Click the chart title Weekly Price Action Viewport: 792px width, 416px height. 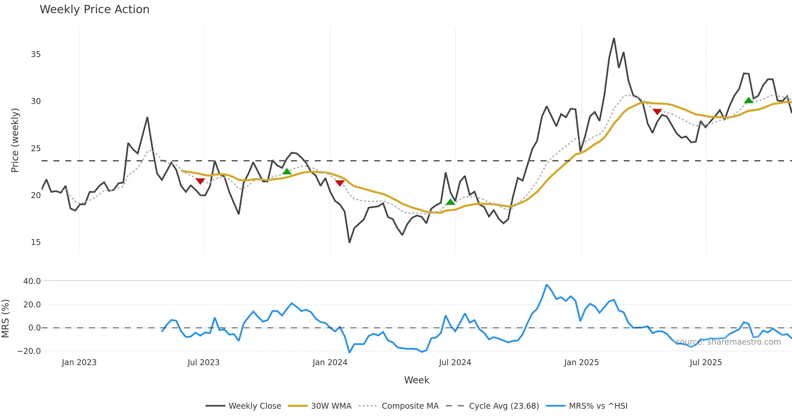pyautogui.click(x=94, y=10)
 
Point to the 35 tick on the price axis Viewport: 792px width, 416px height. pyautogui.click(x=36, y=54)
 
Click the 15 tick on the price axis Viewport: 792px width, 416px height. pyautogui.click(x=36, y=242)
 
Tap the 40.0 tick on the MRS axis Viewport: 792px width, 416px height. pyautogui.click(x=32, y=281)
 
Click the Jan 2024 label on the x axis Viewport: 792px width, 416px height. pyautogui.click(x=330, y=363)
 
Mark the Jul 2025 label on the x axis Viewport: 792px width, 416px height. pyautogui.click(x=706, y=363)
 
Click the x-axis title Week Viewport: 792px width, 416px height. pyautogui.click(x=416, y=380)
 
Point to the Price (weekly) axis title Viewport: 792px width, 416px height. pyautogui.click(x=15, y=140)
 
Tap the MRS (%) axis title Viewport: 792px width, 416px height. pyautogui.click(x=5, y=319)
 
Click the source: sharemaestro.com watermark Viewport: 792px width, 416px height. pyautogui.click(x=728, y=342)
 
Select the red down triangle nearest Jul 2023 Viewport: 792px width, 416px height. pyautogui.click(x=200, y=181)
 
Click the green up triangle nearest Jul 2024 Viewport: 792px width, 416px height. pyautogui.click(x=450, y=202)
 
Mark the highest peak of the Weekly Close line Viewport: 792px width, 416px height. pyautogui.click(x=614, y=38)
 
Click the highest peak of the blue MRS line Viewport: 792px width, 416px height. pyautogui.click(x=546, y=285)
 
